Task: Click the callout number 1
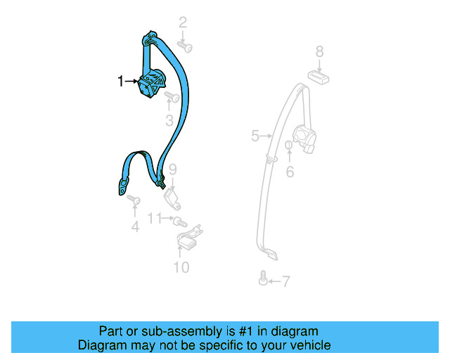click(x=121, y=82)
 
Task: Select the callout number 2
click(x=183, y=22)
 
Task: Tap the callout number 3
click(x=169, y=120)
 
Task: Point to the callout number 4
click(x=135, y=226)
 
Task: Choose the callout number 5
click(x=255, y=136)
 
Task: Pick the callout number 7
click(x=285, y=282)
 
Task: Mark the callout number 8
click(x=319, y=51)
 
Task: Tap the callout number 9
click(x=172, y=169)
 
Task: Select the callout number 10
click(x=181, y=267)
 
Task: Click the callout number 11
click(x=154, y=219)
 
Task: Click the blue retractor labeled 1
click(x=152, y=82)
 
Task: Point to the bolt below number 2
click(x=186, y=46)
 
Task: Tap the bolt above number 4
click(x=134, y=202)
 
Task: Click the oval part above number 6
click(x=289, y=146)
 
